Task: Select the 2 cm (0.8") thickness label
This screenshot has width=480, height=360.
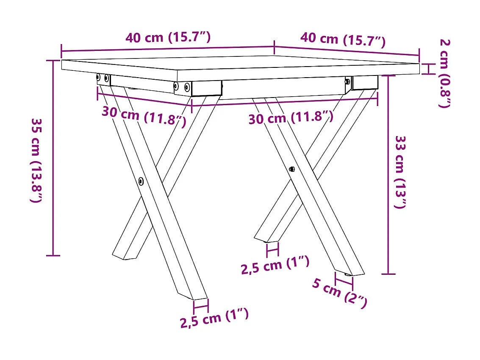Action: pyautogui.click(x=444, y=73)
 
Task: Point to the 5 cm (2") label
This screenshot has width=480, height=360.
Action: pyautogui.click(x=339, y=293)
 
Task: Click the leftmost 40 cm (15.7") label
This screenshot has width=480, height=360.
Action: pyautogui.click(x=168, y=37)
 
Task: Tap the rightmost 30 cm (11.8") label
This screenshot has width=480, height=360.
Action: pyautogui.click(x=291, y=117)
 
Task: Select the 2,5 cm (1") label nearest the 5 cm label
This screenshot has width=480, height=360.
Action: pyautogui.click(x=275, y=266)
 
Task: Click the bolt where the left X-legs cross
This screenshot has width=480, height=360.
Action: pyautogui.click(x=141, y=181)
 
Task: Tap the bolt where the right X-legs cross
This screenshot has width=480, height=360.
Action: pyautogui.click(x=292, y=169)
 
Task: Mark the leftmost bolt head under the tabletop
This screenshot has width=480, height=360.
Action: pyautogui.click(x=99, y=77)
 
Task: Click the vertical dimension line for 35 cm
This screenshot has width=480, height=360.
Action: pyautogui.click(x=53, y=158)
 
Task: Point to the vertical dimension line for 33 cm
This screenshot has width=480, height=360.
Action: pyautogui.click(x=388, y=174)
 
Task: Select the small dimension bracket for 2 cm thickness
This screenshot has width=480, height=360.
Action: pyautogui.click(x=428, y=69)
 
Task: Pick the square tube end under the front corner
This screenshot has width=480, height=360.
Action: pyautogui.click(x=207, y=88)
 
